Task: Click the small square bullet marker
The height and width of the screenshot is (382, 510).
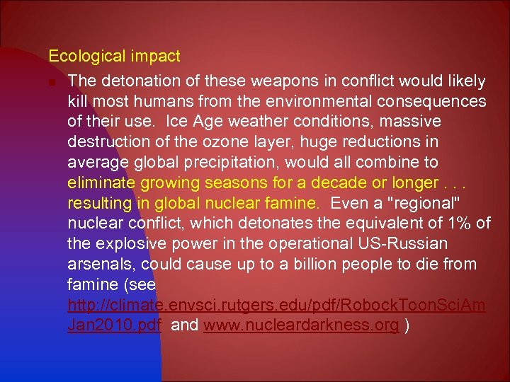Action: [x=52, y=81]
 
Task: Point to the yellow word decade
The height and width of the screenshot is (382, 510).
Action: [x=332, y=183]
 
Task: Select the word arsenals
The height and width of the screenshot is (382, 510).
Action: [x=101, y=265]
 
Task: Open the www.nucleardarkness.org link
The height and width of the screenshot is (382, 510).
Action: [x=301, y=326]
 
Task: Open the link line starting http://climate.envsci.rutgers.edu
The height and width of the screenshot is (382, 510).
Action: [x=276, y=306]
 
